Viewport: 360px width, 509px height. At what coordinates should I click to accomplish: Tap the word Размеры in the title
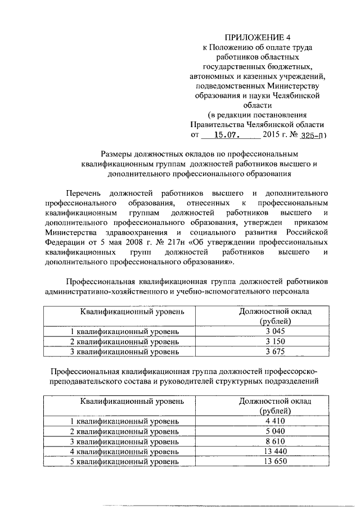[117, 154]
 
